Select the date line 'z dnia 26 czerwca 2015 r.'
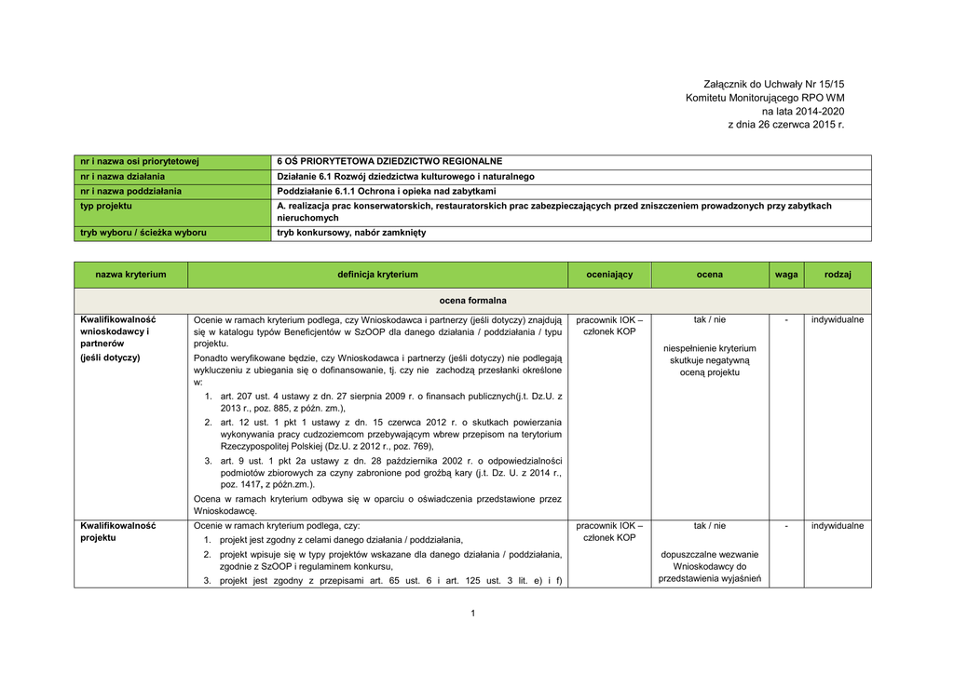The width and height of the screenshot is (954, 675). coord(785,124)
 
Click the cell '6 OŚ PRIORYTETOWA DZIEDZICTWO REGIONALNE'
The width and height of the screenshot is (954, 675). coord(389,161)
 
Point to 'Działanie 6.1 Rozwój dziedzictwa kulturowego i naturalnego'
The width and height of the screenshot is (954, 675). coord(405,176)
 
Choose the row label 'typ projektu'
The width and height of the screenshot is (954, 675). coord(106,206)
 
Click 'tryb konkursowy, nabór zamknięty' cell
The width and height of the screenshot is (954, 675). coord(351,232)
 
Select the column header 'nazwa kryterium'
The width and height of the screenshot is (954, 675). coord(130,275)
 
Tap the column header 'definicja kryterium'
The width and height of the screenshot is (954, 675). coord(377,275)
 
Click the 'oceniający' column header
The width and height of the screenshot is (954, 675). coord(609,275)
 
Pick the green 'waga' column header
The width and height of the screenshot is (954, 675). coord(785,275)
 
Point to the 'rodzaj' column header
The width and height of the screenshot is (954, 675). coord(838,275)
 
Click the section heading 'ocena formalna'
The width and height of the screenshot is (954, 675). coord(473,301)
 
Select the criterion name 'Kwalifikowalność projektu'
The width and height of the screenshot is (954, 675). coord(117,532)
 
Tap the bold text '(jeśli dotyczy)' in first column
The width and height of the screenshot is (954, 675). coord(110,358)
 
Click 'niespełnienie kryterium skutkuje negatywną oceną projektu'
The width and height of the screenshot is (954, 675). coord(709,359)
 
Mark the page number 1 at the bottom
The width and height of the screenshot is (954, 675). coord(473,613)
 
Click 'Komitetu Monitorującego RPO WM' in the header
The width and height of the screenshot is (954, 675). coord(765,98)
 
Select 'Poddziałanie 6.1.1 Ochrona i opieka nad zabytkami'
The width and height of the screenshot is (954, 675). coord(387,191)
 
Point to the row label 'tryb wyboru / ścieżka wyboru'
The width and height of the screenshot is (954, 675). coord(143,232)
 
